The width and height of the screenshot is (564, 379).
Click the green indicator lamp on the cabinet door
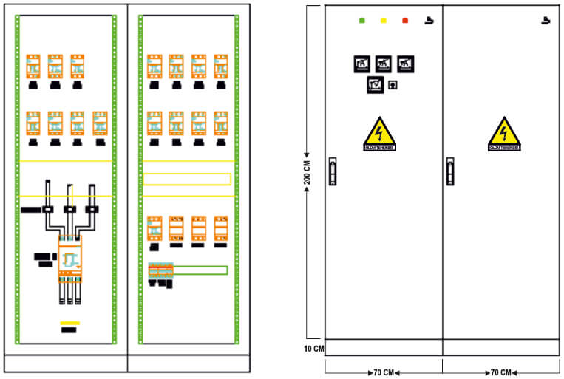point(361,21)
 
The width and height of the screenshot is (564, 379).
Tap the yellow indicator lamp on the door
point(383,21)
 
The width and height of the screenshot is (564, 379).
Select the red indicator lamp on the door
point(405,21)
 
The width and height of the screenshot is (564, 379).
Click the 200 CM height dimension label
point(308,173)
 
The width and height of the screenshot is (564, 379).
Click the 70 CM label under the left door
point(383,372)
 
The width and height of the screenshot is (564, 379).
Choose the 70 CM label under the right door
point(500,372)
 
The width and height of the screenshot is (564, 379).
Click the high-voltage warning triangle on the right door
point(503,134)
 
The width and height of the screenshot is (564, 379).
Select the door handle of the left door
point(332,171)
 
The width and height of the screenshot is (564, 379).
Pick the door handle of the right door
point(449,171)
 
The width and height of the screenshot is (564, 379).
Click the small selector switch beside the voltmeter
point(393,85)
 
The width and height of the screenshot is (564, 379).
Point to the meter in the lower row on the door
point(375,85)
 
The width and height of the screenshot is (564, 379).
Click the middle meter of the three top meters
point(383,65)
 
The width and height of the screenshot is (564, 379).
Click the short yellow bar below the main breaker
point(69,323)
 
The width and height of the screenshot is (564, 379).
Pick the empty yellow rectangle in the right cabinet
point(186,179)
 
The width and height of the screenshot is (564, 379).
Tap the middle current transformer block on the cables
point(69,210)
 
